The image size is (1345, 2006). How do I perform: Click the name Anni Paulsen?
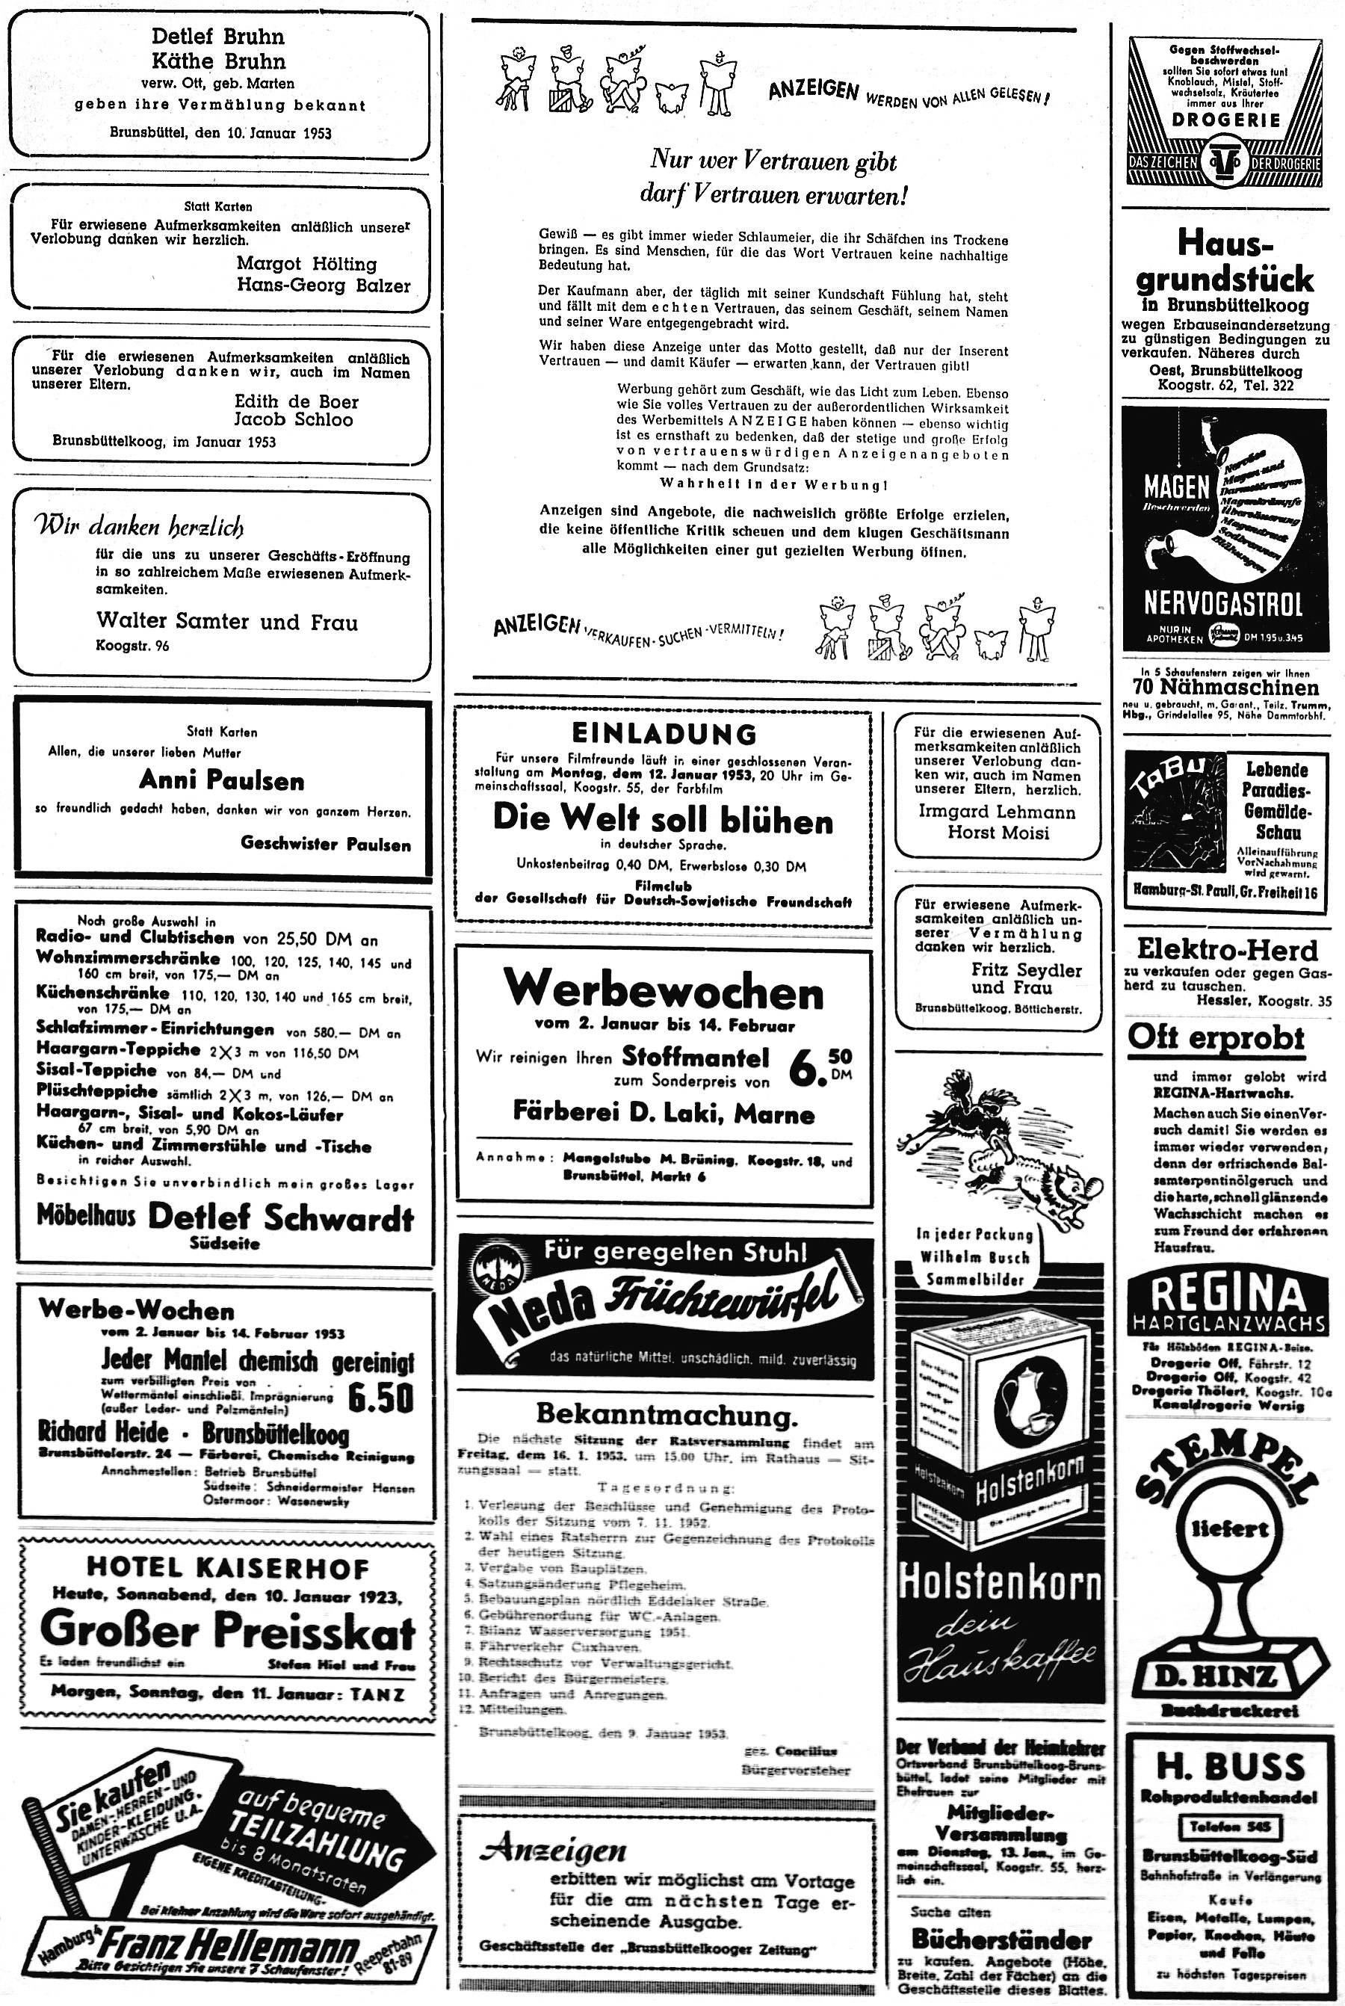point(221,781)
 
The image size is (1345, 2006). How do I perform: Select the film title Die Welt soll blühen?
point(662,820)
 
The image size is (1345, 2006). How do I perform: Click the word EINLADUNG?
point(664,735)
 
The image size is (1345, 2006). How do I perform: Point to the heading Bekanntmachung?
point(667,1413)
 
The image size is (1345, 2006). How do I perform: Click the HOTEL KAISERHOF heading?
point(227,1567)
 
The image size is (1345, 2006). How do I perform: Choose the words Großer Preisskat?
point(227,1629)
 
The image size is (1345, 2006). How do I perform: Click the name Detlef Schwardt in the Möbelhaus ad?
point(280,1217)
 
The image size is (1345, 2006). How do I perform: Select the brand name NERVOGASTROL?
point(1223,604)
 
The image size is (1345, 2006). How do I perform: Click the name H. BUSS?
point(1228,1767)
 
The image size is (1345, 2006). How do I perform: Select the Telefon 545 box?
point(1228,1826)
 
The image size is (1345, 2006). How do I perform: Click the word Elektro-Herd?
point(1227,950)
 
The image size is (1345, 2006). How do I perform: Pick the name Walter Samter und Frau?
point(226,622)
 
